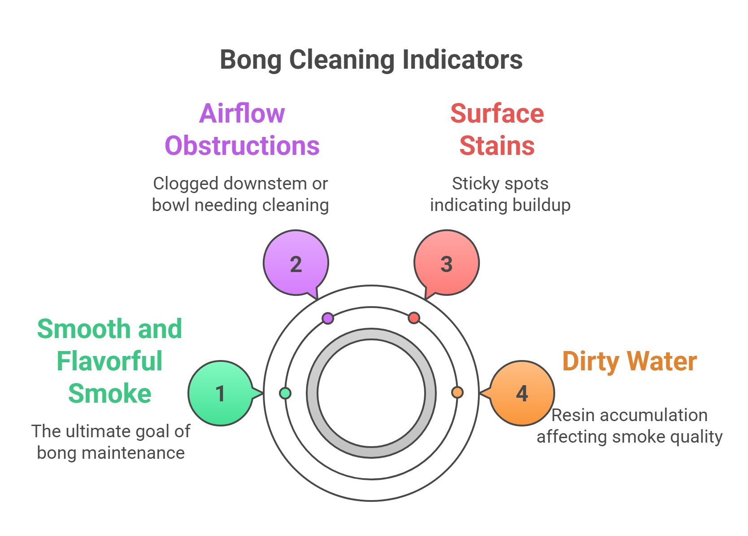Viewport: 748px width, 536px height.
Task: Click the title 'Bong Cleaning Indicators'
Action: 371,60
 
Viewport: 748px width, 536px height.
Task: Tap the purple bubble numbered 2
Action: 296,263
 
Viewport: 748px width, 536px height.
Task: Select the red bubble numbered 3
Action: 446,263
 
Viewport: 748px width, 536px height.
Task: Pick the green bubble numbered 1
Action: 220,393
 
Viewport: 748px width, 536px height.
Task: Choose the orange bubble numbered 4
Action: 522,393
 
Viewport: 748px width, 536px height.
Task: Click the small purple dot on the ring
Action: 328,318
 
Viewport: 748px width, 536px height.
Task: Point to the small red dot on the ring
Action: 414,318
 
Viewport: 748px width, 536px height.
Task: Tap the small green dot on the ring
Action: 285,393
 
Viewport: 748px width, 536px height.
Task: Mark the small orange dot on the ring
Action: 457,393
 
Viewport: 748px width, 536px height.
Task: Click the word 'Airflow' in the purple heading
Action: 242,113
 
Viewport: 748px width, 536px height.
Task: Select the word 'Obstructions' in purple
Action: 242,146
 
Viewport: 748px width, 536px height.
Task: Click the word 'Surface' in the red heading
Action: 497,113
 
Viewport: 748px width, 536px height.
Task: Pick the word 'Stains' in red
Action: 497,146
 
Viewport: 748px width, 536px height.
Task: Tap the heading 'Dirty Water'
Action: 629,361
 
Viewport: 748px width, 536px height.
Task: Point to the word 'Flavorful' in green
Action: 109,361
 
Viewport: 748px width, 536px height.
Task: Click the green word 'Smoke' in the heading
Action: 109,394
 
